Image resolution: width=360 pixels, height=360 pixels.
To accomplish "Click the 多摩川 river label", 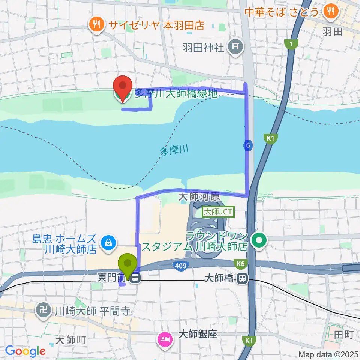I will (x=174, y=151).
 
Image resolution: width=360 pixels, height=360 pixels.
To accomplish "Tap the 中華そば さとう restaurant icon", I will (x=331, y=11).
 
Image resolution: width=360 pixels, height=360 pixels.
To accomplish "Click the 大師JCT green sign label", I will (x=218, y=212).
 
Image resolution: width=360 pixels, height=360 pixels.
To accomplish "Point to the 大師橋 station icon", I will (x=243, y=278).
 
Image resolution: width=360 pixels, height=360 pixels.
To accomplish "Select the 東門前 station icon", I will (x=136, y=278).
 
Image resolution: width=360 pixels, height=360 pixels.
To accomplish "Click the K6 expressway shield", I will (x=240, y=264).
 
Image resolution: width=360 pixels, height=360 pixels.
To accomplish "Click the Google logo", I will (x=25, y=351).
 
